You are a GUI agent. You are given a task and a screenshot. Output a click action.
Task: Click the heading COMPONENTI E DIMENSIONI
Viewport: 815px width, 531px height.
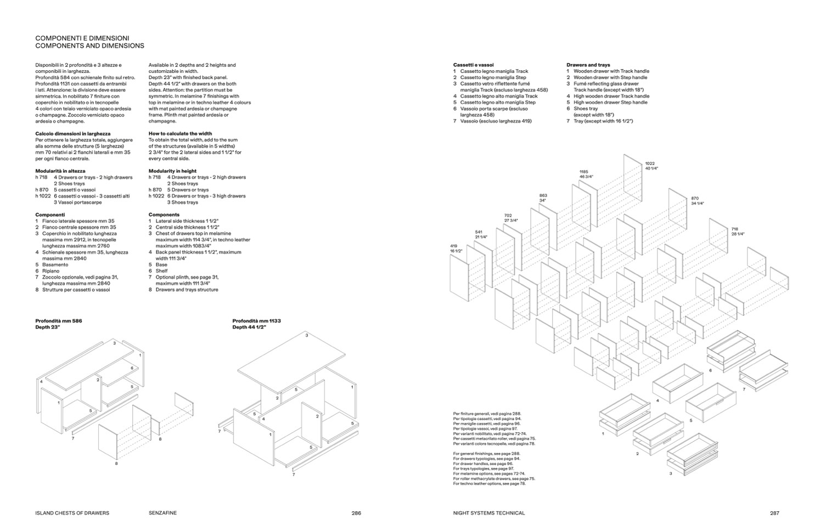pyautogui.click(x=82, y=38)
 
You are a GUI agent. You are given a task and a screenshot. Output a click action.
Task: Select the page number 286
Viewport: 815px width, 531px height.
pyautogui.click(x=356, y=513)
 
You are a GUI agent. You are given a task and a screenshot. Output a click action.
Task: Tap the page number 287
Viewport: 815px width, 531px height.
pyautogui.click(x=774, y=513)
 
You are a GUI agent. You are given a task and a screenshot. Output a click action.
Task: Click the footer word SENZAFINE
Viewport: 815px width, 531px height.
pyautogui.click(x=162, y=513)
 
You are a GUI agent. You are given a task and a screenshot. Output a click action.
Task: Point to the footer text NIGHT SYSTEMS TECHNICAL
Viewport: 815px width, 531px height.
pyautogui.click(x=488, y=513)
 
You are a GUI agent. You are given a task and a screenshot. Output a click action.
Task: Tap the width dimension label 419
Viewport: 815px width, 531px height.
pyautogui.click(x=453, y=246)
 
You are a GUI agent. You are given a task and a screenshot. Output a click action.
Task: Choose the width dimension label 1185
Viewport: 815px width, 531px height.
pyautogui.click(x=583, y=172)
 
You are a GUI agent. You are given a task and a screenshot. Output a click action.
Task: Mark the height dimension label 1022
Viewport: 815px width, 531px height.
pyautogui.click(x=650, y=163)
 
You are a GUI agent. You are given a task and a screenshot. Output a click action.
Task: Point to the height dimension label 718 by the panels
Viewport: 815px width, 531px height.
pyautogui.click(x=735, y=229)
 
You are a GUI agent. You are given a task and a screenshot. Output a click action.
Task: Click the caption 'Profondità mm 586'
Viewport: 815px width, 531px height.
pyautogui.click(x=59, y=321)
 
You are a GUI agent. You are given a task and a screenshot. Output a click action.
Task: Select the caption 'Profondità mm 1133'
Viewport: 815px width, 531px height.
pyautogui.click(x=256, y=321)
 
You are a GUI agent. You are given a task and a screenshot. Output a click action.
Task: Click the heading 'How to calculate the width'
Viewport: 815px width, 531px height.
pyautogui.click(x=180, y=133)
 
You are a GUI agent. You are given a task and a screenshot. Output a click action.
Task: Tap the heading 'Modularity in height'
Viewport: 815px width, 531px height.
pyautogui.click(x=172, y=171)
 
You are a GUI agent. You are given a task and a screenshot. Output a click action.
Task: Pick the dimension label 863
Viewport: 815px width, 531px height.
pyautogui.click(x=543, y=195)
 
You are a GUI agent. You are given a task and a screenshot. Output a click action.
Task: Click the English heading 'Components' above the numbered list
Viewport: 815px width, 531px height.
pyautogui.click(x=164, y=214)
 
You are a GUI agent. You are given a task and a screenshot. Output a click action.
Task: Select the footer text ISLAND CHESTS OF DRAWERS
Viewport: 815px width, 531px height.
pyautogui.click(x=72, y=513)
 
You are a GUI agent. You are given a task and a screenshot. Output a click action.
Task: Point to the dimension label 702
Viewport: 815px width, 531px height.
pyautogui.click(x=508, y=216)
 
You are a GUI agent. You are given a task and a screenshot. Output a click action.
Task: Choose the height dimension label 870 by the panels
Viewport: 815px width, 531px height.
pyautogui.click(x=695, y=199)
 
